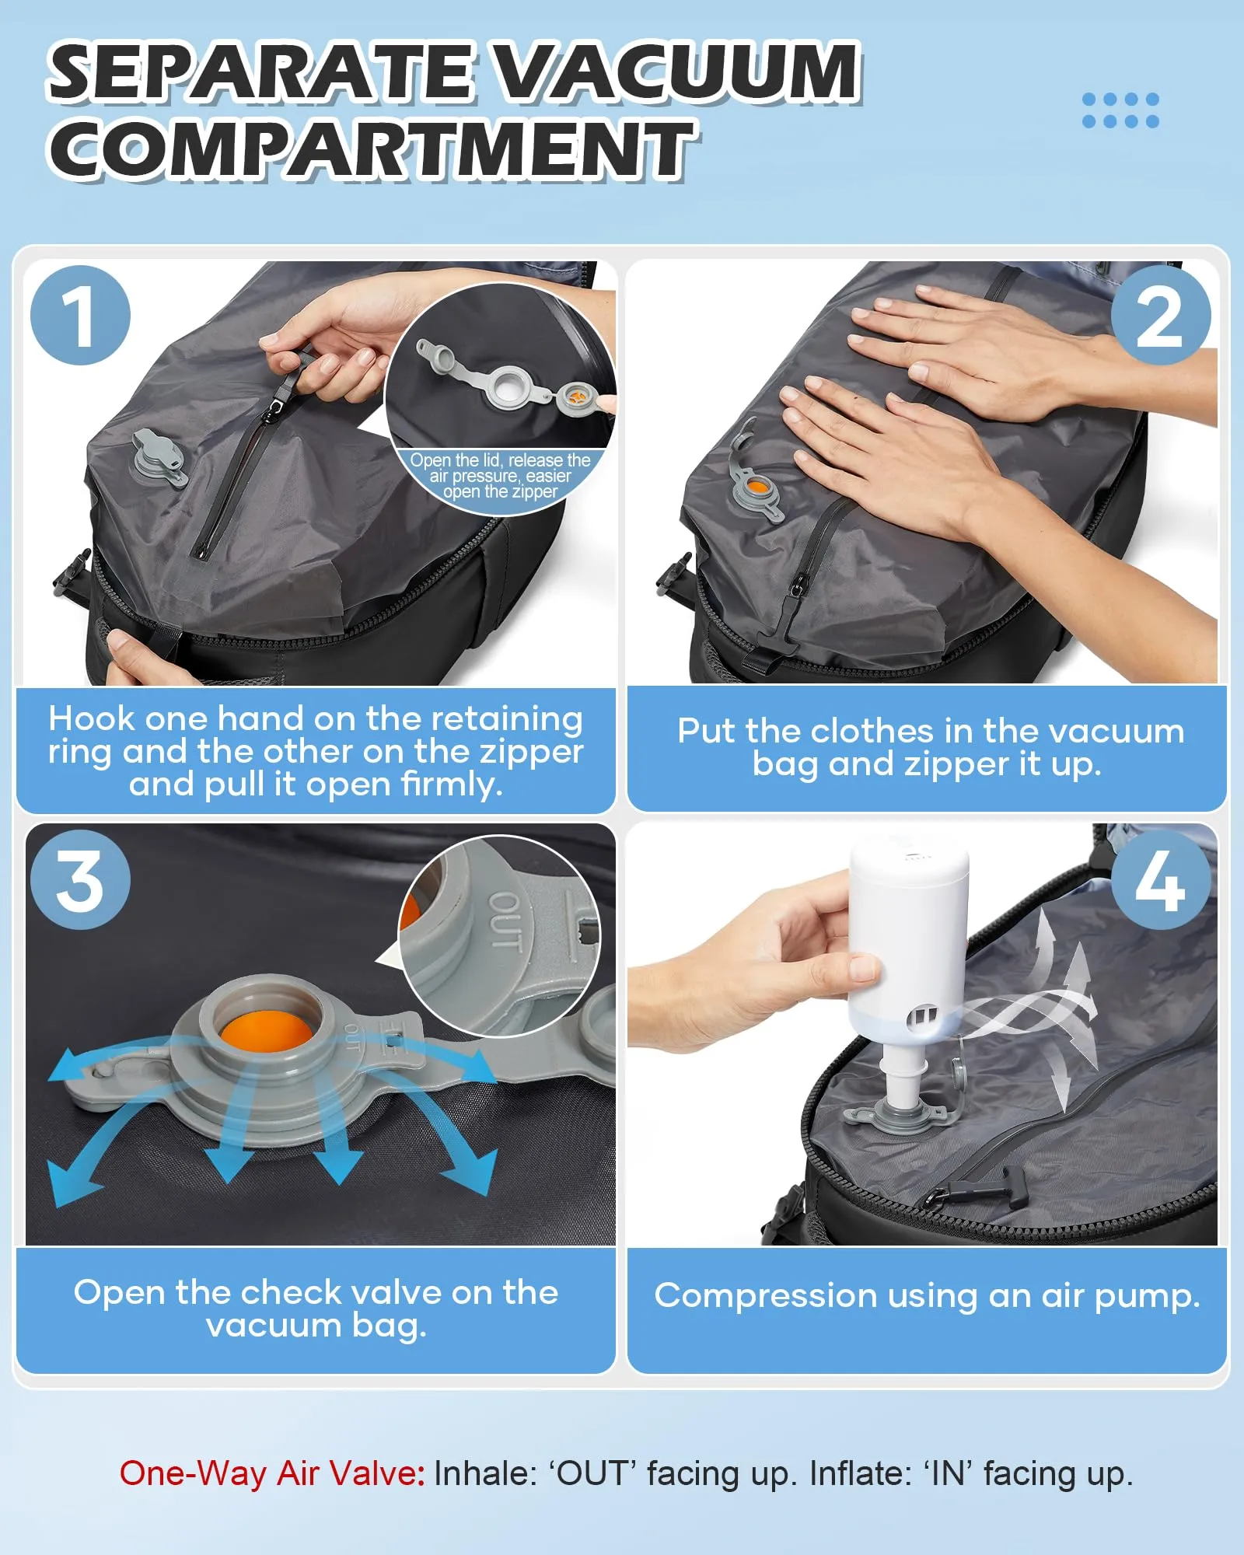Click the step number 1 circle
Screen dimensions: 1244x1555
(x=80, y=315)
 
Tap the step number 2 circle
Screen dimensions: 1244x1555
(x=1161, y=315)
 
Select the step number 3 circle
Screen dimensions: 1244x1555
(x=80, y=879)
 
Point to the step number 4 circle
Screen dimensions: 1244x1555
(x=1161, y=879)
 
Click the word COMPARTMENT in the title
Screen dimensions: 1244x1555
(x=372, y=149)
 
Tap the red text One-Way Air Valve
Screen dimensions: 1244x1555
(x=272, y=1473)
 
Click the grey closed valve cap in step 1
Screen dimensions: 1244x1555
(x=159, y=459)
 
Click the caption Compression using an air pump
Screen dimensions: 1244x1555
(x=928, y=1296)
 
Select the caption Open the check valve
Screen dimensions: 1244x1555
(x=316, y=1309)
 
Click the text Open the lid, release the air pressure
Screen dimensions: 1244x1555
(x=501, y=468)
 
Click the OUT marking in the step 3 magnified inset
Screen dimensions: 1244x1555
(x=505, y=922)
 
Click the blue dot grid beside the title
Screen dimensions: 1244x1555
(x=1120, y=110)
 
